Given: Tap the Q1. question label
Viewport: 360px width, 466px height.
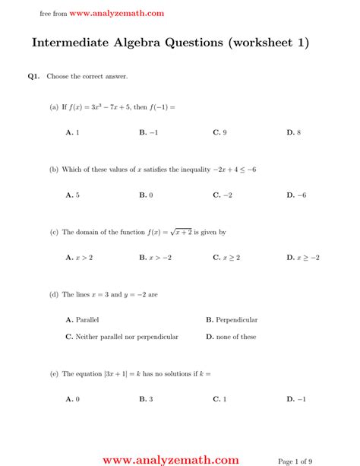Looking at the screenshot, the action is pyautogui.click(x=33, y=77).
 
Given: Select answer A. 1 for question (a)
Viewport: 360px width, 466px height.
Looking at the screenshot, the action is pyautogui.click(x=73, y=132).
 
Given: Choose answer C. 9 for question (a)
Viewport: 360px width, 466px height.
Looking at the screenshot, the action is pyautogui.click(x=219, y=132).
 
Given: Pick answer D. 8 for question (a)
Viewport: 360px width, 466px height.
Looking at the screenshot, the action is pyautogui.click(x=293, y=132).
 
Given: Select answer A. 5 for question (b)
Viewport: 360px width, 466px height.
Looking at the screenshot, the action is pyautogui.click(x=73, y=195).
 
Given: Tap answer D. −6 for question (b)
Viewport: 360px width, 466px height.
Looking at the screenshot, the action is pyautogui.click(x=296, y=195).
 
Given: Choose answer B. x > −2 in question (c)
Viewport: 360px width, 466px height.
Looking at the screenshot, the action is pyautogui.click(x=155, y=258).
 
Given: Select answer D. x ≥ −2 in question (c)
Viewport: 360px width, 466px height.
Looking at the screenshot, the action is pyautogui.click(x=302, y=258).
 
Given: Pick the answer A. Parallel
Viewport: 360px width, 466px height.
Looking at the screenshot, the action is pyautogui.click(x=83, y=320).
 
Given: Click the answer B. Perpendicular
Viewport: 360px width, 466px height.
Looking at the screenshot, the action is pyautogui.click(x=232, y=320).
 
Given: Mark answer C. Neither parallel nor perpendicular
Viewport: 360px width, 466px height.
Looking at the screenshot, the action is pyautogui.click(x=122, y=337).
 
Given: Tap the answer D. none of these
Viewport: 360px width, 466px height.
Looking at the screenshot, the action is pyautogui.click(x=231, y=337).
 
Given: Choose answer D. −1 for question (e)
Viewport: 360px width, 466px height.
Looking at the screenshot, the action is pyautogui.click(x=296, y=399).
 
